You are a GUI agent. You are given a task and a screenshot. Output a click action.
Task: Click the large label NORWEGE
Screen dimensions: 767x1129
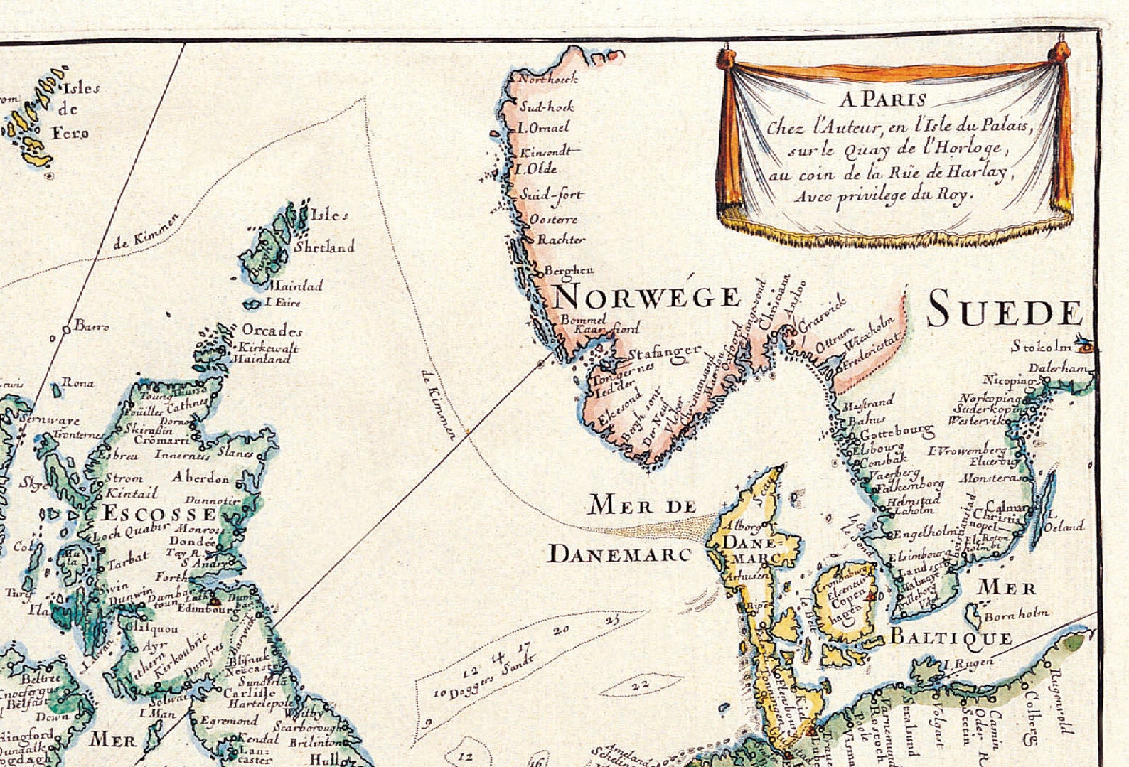pos(646,296)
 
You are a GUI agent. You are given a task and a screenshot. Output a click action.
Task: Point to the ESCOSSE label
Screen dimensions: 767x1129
pos(158,513)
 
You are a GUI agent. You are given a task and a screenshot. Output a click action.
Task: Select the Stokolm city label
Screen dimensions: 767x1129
pos(1041,347)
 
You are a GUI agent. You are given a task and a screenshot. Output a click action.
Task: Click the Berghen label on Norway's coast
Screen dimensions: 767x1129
pos(569,270)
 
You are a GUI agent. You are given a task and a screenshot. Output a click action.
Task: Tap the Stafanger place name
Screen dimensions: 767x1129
pos(664,354)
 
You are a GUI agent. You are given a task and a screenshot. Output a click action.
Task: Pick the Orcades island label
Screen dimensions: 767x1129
pos(272,331)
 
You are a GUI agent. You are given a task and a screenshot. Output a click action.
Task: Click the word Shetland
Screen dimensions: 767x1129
pos(324,247)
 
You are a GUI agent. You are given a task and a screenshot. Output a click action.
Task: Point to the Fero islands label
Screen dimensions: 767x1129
pos(70,133)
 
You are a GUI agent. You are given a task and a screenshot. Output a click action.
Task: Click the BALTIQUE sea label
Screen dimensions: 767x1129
pos(951,636)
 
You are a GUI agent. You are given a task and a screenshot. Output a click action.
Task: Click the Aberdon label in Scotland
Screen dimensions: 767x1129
pos(200,477)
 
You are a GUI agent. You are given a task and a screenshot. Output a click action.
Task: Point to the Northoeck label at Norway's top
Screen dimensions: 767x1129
pos(547,79)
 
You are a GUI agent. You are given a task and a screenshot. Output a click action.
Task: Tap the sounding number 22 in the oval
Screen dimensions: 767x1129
pos(641,684)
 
